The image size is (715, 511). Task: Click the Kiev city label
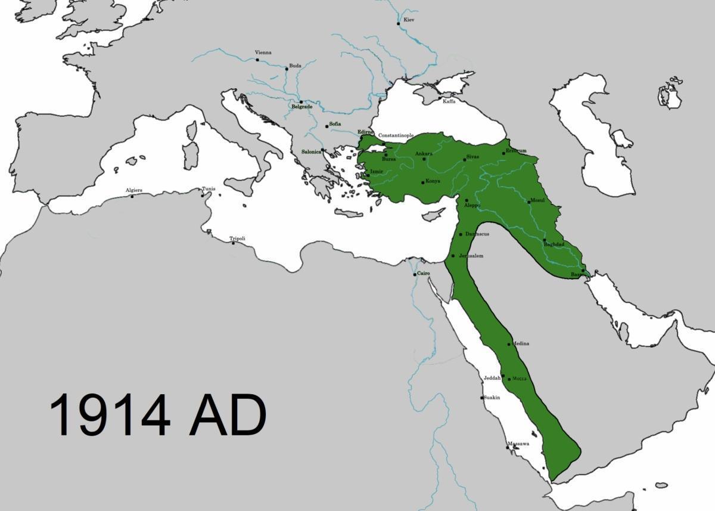409,20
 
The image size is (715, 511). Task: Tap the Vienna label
263,52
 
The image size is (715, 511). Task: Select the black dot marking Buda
287,69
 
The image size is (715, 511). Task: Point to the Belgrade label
301,107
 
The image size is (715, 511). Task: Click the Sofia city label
335,123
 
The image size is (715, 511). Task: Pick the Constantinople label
396,135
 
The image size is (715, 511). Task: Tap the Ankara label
424,154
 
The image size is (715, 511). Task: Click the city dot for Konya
423,182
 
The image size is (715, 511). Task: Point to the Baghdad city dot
545,240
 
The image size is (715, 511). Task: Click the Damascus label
477,234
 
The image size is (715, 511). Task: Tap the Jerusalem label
471,256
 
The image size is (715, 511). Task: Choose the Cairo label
423,273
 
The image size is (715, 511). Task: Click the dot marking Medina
509,344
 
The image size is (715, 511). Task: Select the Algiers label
134,190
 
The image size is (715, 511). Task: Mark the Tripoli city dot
233,243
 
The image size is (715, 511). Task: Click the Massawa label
518,444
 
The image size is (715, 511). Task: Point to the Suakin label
492,397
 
